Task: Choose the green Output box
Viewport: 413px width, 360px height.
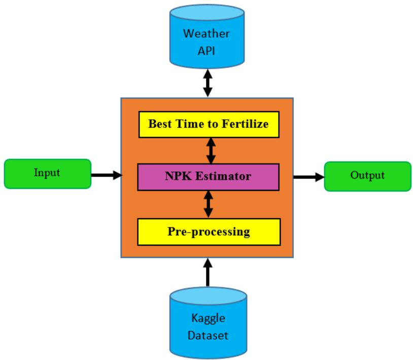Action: (367, 176)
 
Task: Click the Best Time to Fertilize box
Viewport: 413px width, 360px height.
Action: (209, 124)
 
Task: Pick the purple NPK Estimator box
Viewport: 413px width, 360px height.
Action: (209, 177)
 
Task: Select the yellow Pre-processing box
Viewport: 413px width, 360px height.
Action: (209, 232)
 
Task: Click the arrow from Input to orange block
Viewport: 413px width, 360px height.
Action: (106, 175)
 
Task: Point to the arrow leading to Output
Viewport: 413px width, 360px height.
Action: (308, 177)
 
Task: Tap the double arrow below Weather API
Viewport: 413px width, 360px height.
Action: (207, 82)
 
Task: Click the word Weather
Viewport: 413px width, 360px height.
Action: (206, 34)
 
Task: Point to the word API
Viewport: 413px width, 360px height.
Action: (206, 51)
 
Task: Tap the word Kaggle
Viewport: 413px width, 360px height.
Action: (209, 319)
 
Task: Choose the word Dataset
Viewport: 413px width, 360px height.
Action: (209, 336)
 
